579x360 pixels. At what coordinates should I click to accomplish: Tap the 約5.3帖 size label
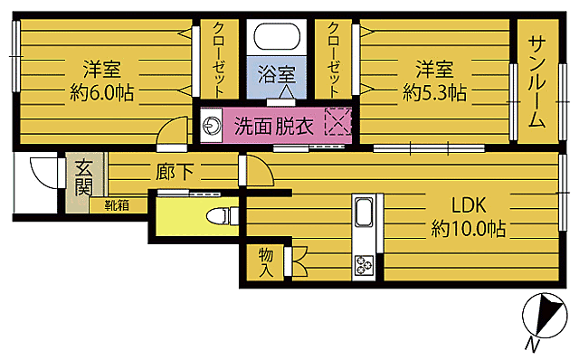(434, 91)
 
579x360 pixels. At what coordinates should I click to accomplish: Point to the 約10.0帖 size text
(468, 229)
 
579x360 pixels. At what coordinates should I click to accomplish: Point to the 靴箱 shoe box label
(116, 205)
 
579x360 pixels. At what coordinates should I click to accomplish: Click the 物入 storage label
(266, 262)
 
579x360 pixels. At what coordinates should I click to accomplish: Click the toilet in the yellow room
(220, 215)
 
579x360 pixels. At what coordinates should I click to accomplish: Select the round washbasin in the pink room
(214, 126)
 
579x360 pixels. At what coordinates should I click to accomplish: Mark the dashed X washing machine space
(337, 123)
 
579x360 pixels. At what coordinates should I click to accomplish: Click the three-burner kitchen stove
(365, 265)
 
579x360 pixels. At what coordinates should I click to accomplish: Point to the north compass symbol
(543, 316)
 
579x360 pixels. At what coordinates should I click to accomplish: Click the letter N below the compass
(534, 345)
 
